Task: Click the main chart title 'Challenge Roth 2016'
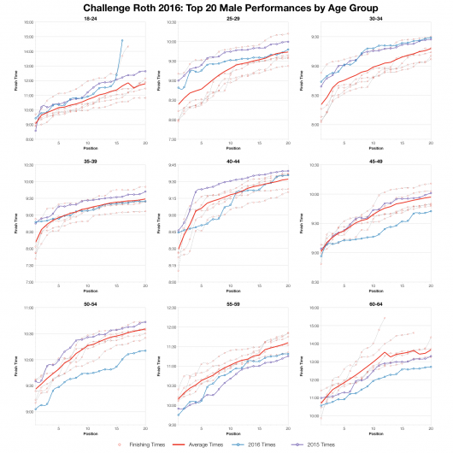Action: (226, 7)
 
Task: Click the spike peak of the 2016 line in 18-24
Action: (122, 39)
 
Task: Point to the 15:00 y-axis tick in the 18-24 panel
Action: (28, 38)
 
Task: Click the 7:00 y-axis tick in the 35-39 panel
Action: (28, 282)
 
